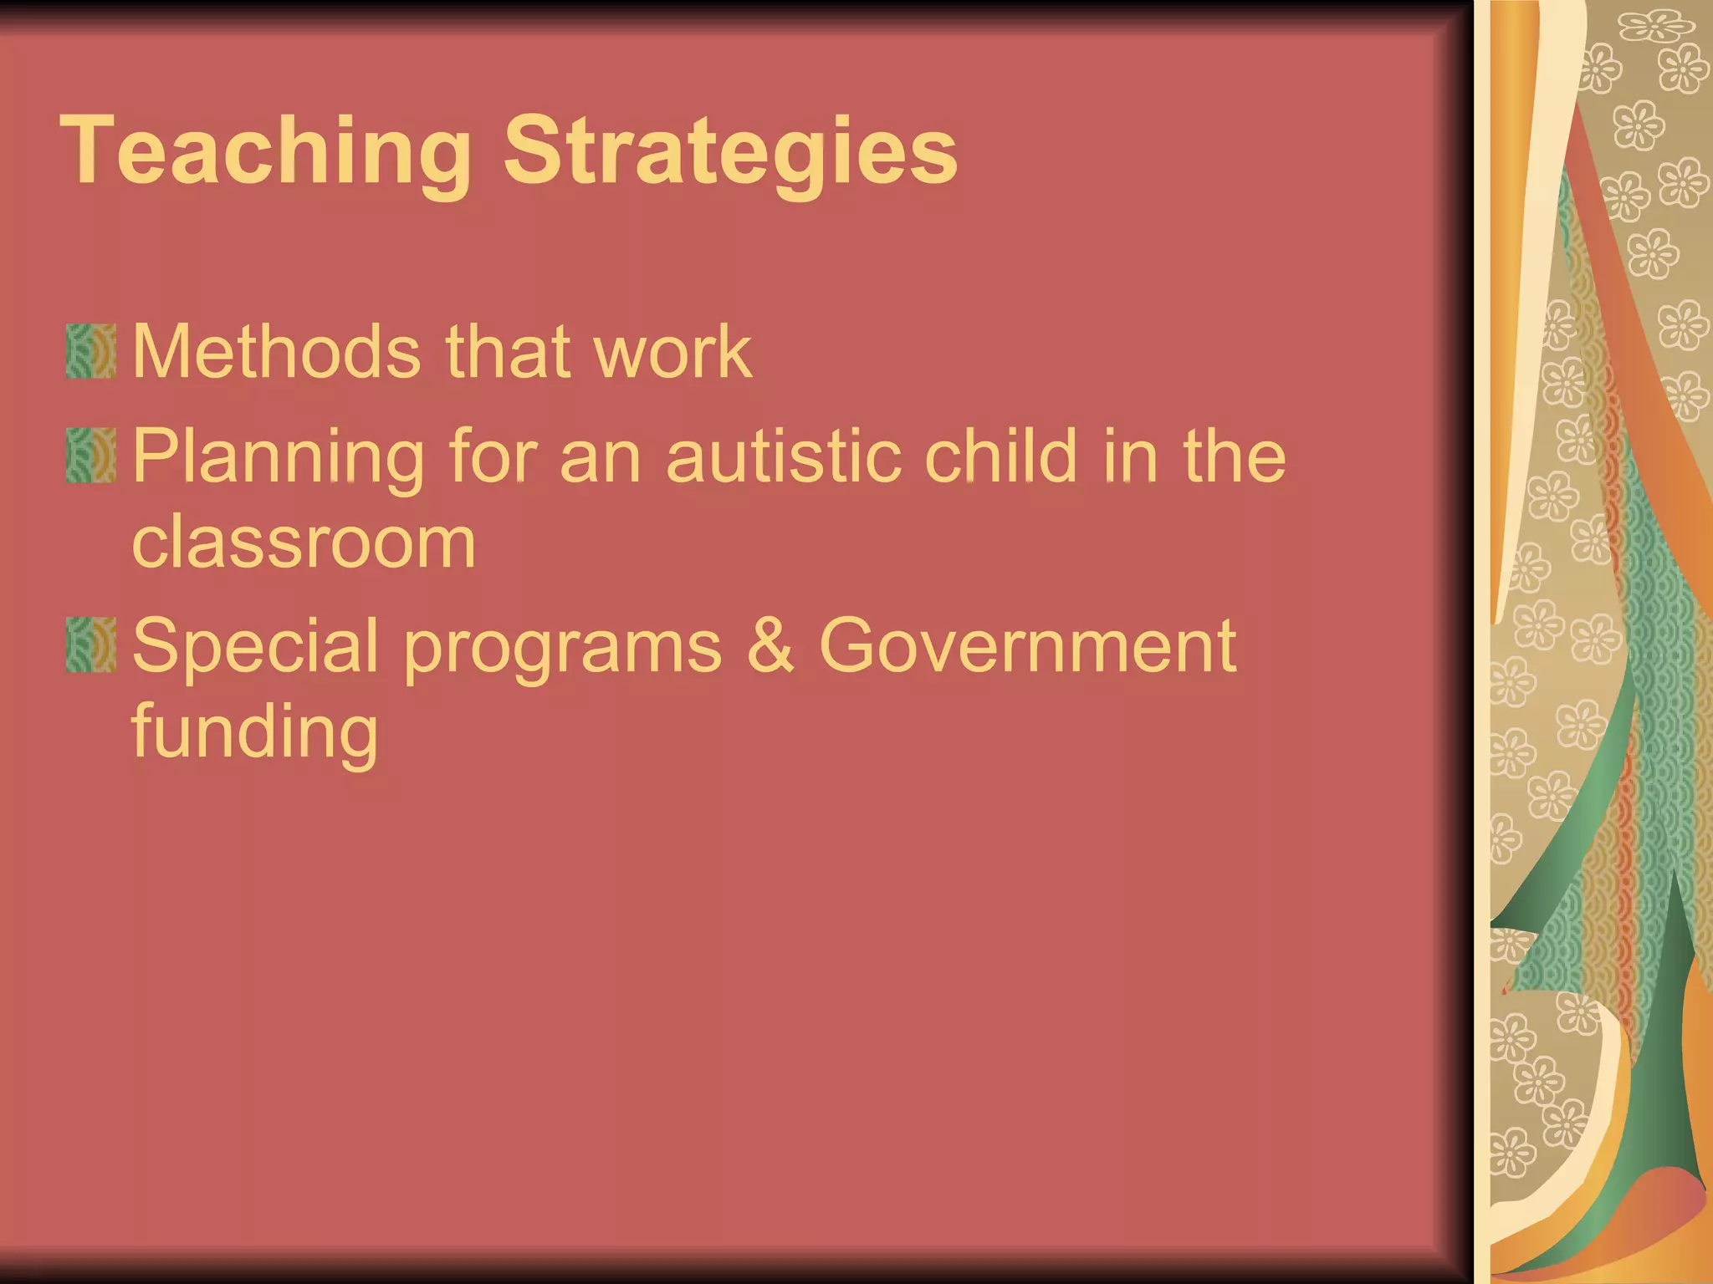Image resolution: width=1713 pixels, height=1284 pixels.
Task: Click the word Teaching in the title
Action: (x=266, y=152)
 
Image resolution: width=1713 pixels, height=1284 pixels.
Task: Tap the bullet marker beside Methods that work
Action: (x=90, y=351)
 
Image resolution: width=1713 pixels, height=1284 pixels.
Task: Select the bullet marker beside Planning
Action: (x=90, y=456)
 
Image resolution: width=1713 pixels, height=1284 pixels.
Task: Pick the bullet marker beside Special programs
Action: (x=90, y=645)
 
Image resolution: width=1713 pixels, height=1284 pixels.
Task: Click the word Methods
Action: (x=277, y=351)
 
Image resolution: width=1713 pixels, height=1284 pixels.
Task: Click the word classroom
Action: (x=304, y=542)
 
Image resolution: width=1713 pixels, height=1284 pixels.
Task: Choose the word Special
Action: (x=255, y=645)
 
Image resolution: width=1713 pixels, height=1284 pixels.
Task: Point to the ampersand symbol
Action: (x=770, y=645)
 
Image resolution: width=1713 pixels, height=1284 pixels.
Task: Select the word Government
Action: (x=1027, y=645)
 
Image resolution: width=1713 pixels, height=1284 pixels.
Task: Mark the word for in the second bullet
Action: (x=491, y=456)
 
